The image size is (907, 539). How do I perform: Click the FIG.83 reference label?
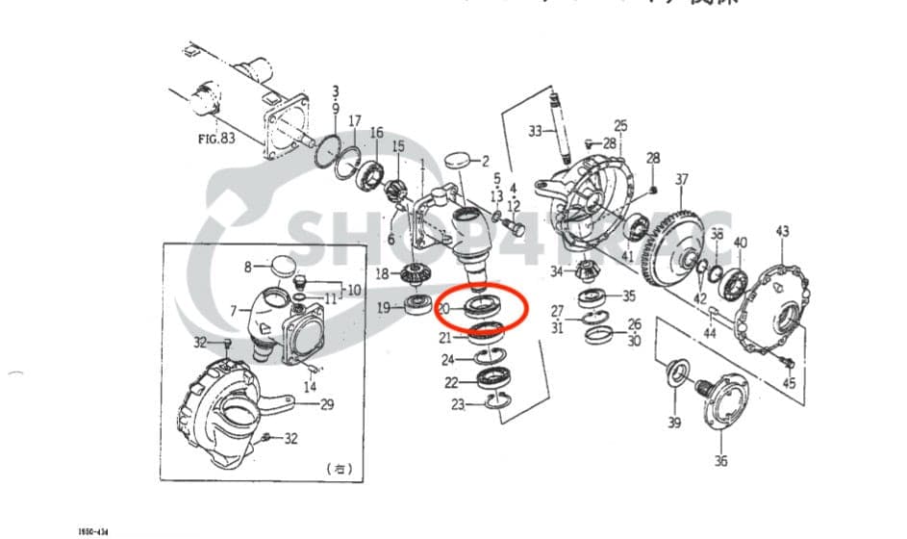click(x=215, y=138)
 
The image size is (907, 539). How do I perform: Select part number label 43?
click(x=783, y=231)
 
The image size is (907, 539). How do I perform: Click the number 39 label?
click(x=673, y=423)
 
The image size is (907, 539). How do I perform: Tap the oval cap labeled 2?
click(x=459, y=160)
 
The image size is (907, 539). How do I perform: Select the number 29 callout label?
click(x=327, y=405)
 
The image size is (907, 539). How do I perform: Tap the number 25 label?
click(x=620, y=125)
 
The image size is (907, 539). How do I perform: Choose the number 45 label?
click(x=789, y=384)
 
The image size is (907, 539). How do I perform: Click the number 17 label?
click(x=355, y=121)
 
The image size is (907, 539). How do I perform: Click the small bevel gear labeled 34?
click(x=590, y=272)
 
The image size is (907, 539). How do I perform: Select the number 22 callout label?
click(x=450, y=382)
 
